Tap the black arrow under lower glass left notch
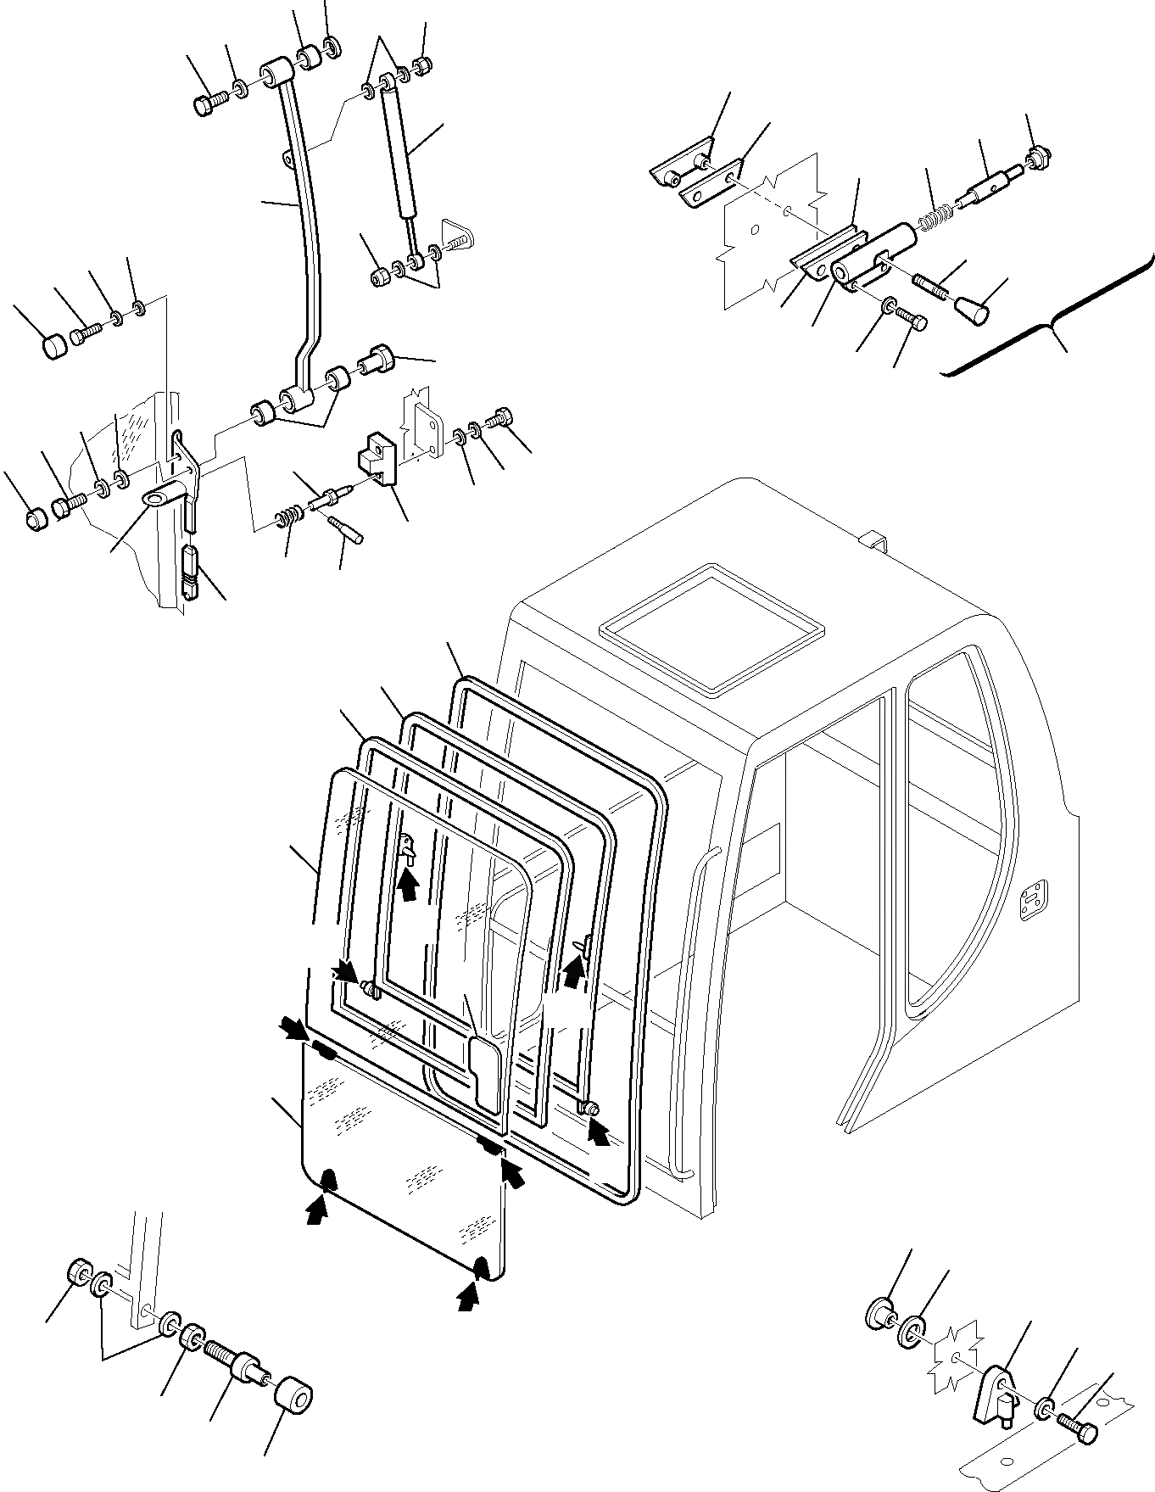pyautogui.click(x=316, y=1208)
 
